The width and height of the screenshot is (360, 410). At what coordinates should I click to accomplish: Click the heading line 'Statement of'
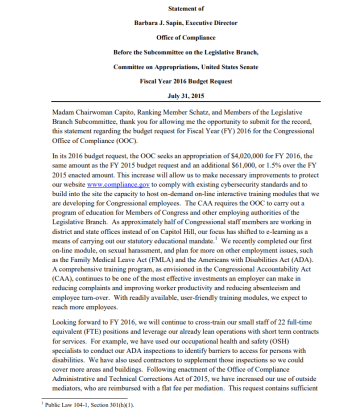pos(179,9)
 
